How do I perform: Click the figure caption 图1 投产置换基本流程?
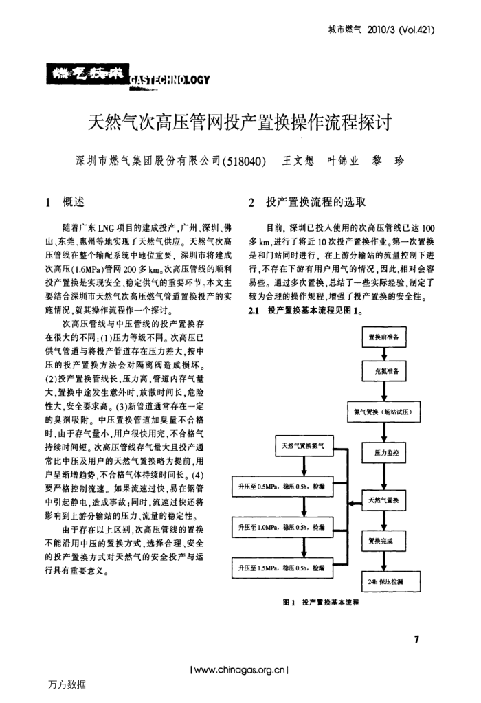point(322,603)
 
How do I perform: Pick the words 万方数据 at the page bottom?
point(67,684)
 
